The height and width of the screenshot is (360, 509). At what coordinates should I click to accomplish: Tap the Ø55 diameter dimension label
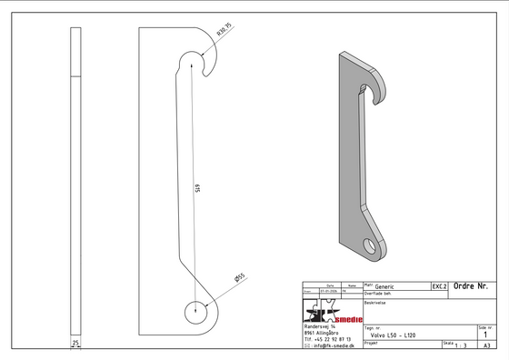240,277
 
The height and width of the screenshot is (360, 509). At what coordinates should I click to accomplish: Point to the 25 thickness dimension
75,343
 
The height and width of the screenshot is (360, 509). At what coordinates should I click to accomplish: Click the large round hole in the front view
197,310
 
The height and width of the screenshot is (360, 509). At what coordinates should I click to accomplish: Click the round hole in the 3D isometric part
373,243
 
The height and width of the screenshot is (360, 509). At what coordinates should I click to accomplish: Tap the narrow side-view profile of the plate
75,182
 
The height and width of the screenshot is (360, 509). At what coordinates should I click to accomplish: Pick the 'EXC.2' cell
439,286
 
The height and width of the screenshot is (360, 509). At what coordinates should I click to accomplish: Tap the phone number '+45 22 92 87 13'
326,339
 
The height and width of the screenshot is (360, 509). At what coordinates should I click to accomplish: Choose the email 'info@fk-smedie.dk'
329,346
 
